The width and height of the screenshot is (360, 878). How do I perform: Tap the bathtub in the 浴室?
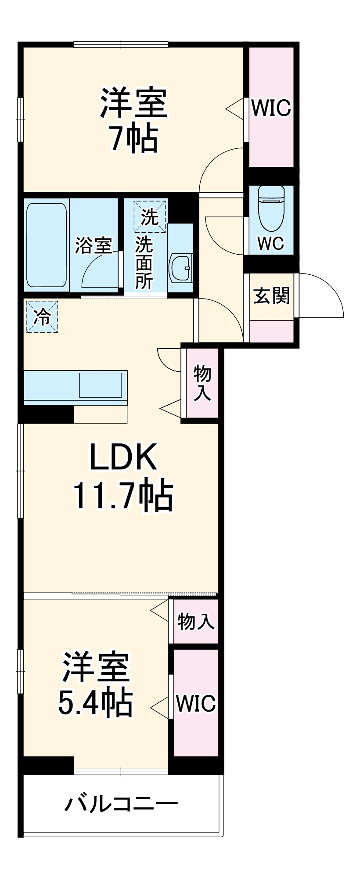point(47,245)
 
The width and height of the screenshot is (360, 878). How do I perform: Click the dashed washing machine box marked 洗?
point(150,216)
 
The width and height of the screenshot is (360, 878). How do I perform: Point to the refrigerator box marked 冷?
point(42,317)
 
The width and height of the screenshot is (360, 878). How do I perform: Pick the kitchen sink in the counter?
point(100,385)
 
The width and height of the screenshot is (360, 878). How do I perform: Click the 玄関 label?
point(272,296)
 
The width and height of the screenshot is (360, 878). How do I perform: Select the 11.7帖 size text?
point(123,496)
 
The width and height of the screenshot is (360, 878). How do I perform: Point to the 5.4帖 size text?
point(96,702)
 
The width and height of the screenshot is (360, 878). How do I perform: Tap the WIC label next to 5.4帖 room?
point(196,703)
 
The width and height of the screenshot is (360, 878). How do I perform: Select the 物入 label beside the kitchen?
point(202,382)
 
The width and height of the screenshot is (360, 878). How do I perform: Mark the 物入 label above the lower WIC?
point(196,621)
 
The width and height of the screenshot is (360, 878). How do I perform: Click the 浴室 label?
point(94,245)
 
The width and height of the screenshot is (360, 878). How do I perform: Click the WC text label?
point(271,243)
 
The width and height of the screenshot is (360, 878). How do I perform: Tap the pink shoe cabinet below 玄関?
point(272,331)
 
